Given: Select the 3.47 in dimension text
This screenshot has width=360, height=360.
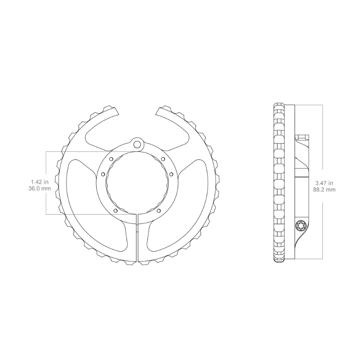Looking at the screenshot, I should click(325, 183).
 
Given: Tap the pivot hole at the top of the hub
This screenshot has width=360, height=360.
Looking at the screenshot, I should click(137, 144).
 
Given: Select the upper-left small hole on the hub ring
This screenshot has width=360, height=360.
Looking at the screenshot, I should click(111, 159).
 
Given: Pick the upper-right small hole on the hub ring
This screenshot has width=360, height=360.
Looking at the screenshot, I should click(163, 159).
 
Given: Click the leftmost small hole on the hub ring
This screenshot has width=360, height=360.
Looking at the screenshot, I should click(103, 174).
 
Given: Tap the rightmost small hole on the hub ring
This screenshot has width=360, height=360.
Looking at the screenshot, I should click(171, 174).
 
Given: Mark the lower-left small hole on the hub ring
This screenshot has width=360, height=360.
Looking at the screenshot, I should click(115, 211).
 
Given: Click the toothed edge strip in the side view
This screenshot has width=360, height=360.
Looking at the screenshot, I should click(279, 183).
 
